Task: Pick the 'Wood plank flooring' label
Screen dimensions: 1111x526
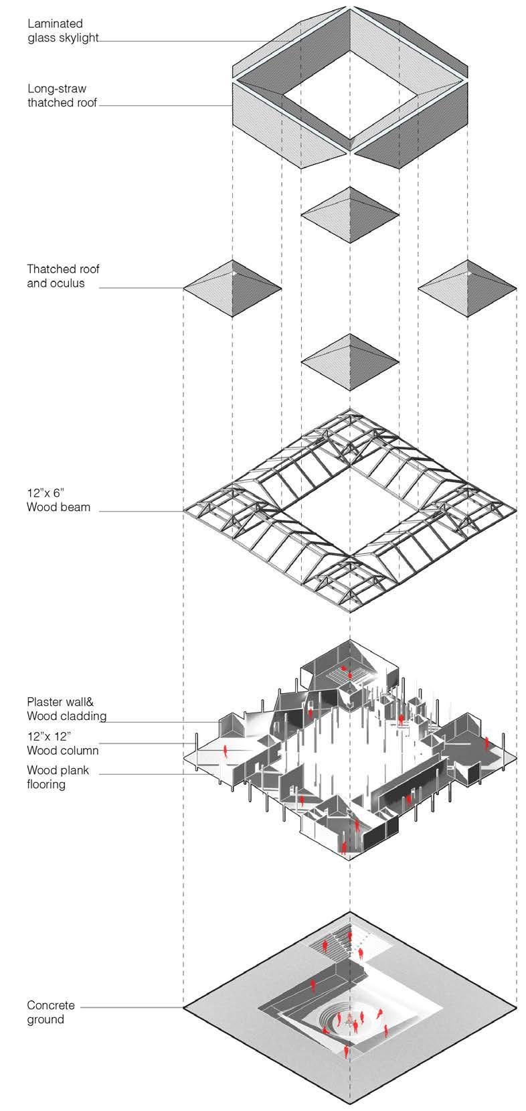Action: click(x=58, y=777)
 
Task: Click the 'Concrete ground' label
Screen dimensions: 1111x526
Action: click(x=51, y=1013)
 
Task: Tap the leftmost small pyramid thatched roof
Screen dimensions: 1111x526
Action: click(x=232, y=289)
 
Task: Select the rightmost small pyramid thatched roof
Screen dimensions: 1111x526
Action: click(x=467, y=289)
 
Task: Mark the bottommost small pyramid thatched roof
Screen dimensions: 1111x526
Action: click(x=350, y=362)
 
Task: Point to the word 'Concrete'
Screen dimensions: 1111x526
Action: click(x=51, y=1006)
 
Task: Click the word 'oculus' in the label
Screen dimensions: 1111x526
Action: click(x=81, y=283)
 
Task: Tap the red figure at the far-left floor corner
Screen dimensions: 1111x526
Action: click(x=226, y=751)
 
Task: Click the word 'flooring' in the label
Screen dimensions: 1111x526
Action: click(x=46, y=784)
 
